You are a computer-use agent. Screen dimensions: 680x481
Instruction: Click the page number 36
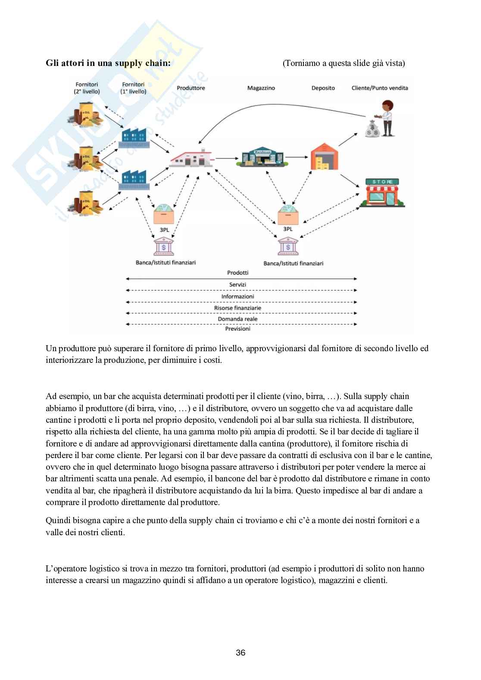pyautogui.click(x=240, y=653)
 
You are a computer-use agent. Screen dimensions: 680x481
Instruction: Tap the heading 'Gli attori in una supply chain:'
pyautogui.click(x=108, y=63)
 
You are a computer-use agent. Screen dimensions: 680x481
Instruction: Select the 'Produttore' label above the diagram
pyautogui.click(x=191, y=88)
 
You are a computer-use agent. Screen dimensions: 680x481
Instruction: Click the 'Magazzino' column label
pyautogui.click(x=261, y=88)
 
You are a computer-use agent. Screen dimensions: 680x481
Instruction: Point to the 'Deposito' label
pyautogui.click(x=323, y=88)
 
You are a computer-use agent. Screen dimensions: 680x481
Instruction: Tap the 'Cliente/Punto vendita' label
pyautogui.click(x=380, y=88)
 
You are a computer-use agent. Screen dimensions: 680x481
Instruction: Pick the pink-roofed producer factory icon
pyautogui.click(x=190, y=158)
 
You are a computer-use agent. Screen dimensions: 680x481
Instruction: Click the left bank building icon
pyautogui.click(x=163, y=247)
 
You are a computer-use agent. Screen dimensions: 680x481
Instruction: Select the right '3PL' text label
pyautogui.click(x=287, y=229)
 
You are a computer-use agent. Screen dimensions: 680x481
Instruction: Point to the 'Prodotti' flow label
pyautogui.click(x=237, y=273)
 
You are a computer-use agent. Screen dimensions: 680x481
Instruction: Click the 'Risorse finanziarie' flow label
pyautogui.click(x=237, y=308)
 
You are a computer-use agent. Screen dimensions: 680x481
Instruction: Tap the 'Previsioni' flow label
pyautogui.click(x=237, y=329)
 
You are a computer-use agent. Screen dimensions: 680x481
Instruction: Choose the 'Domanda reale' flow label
pyautogui.click(x=237, y=319)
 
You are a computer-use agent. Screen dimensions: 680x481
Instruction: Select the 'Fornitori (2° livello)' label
pyautogui.click(x=87, y=88)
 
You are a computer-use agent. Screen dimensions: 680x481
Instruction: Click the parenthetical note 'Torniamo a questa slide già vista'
pyautogui.click(x=344, y=63)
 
